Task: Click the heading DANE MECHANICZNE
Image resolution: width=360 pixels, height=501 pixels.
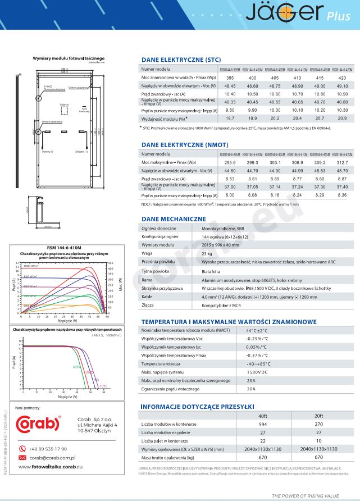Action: (x=174, y=218)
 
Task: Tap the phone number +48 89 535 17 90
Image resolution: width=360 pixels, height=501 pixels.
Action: (x=48, y=449)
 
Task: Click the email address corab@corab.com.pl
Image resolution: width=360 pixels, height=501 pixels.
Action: (x=53, y=458)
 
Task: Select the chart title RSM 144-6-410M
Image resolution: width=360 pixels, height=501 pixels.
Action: (x=62, y=248)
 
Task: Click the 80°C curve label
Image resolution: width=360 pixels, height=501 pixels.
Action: (x=76, y=367)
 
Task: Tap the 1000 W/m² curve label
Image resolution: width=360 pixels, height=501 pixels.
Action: (x=34, y=266)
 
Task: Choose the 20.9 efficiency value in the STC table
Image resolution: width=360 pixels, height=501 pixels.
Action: (x=342, y=119)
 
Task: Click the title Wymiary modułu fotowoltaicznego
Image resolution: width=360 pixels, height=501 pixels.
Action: (x=69, y=58)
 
